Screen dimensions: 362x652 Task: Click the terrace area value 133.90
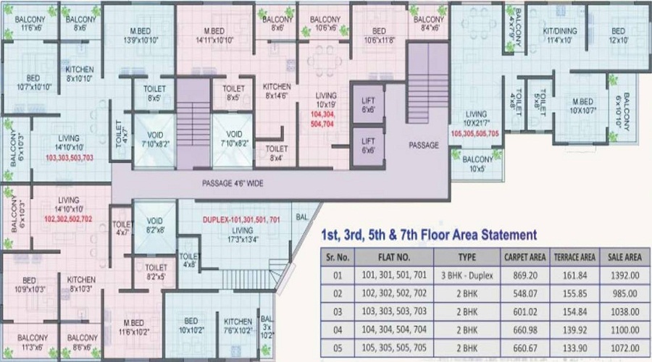pyautogui.click(x=574, y=348)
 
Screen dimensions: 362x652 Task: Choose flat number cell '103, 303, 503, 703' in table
pyautogui.click(x=393, y=311)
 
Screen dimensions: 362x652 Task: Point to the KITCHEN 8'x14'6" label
pyautogui.click(x=276, y=90)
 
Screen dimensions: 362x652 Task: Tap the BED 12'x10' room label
pyautogui.click(x=617, y=36)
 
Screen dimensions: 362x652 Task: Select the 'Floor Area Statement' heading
pyautogui.click(x=428, y=235)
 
